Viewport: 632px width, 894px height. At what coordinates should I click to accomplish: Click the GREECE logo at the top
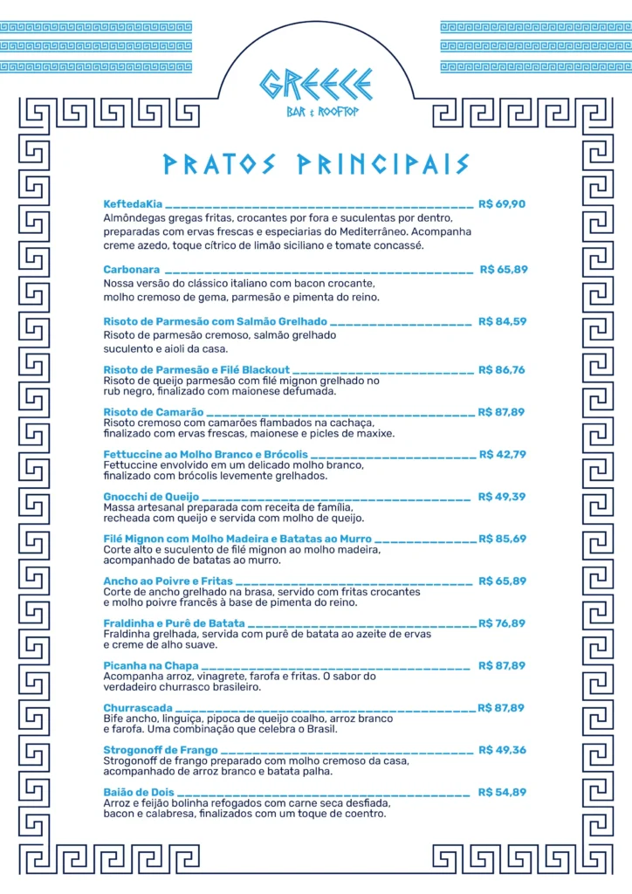315,85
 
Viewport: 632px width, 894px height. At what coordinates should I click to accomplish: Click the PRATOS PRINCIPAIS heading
316,164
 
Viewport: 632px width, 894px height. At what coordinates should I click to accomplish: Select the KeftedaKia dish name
133,204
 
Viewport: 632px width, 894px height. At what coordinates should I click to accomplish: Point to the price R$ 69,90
502,204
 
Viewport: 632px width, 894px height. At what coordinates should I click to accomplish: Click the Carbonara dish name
131,270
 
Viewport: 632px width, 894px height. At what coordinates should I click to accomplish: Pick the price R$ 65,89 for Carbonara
503,270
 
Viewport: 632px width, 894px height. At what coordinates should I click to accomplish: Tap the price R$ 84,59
502,321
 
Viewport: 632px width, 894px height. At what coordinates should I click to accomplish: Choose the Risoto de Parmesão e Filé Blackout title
196,370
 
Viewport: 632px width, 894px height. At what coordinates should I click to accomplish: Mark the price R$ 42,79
502,454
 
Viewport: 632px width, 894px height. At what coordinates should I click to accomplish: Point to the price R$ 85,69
502,539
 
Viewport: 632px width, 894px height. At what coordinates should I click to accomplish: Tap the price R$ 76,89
502,623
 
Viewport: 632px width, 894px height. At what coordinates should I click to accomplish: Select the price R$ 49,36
502,750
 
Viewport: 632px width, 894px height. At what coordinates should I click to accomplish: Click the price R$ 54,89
502,792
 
